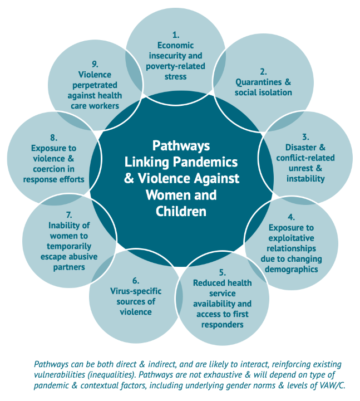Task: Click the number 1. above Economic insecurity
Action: click(175, 35)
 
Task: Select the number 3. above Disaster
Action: click(305, 137)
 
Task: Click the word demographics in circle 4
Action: click(291, 270)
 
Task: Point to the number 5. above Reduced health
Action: click(222, 272)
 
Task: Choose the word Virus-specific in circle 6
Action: click(136, 291)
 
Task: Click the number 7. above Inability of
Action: click(69, 215)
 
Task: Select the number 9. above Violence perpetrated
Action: click(95, 64)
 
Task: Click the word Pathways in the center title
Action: click(181, 146)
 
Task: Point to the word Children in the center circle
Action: click(181, 212)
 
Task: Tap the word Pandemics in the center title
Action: click(205, 162)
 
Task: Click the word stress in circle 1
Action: click(175, 77)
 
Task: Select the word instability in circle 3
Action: click(305, 179)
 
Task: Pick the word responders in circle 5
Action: click(222, 325)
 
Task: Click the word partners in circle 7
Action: click(69, 267)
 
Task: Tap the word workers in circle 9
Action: click(106, 106)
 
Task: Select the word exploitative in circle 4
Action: click(291, 238)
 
